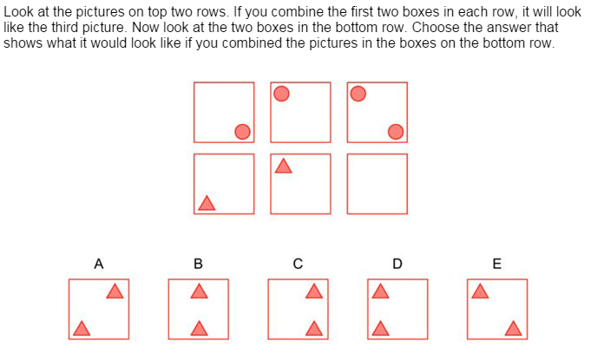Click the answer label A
pos(99,264)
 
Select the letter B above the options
pos(198,264)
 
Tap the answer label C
pos(298,264)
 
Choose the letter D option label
pos(397,264)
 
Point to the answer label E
pos(496,264)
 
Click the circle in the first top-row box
pos(242,132)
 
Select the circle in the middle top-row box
pos(281,94)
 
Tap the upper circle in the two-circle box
pos(358,94)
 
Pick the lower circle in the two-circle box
pos(396,132)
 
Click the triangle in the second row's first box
pos(207,204)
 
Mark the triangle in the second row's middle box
pos(284,167)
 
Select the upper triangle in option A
pos(115,292)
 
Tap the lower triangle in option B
pos(199,329)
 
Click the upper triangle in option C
pos(314,292)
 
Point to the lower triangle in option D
pos(380,329)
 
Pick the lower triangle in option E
pos(513,329)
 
